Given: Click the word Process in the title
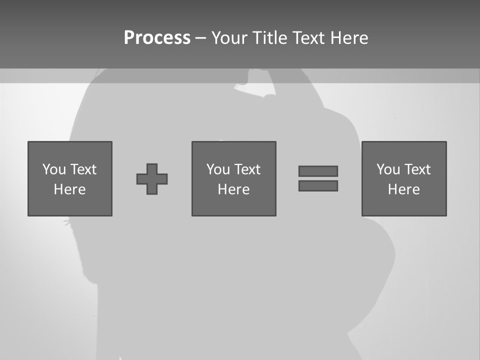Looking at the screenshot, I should point(157,38).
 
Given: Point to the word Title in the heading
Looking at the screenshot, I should point(271,38).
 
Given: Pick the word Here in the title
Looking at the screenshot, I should point(349,38).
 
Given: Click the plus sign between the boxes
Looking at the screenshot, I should point(152,179).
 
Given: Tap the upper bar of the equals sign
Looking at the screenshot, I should point(318,171).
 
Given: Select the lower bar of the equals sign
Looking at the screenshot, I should point(318,185).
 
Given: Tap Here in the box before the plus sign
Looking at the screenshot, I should point(70,189).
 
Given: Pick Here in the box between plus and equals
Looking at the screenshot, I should point(234,189).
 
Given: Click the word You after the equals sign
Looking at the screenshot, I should point(388,169).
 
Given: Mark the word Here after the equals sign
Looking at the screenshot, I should point(404,189).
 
